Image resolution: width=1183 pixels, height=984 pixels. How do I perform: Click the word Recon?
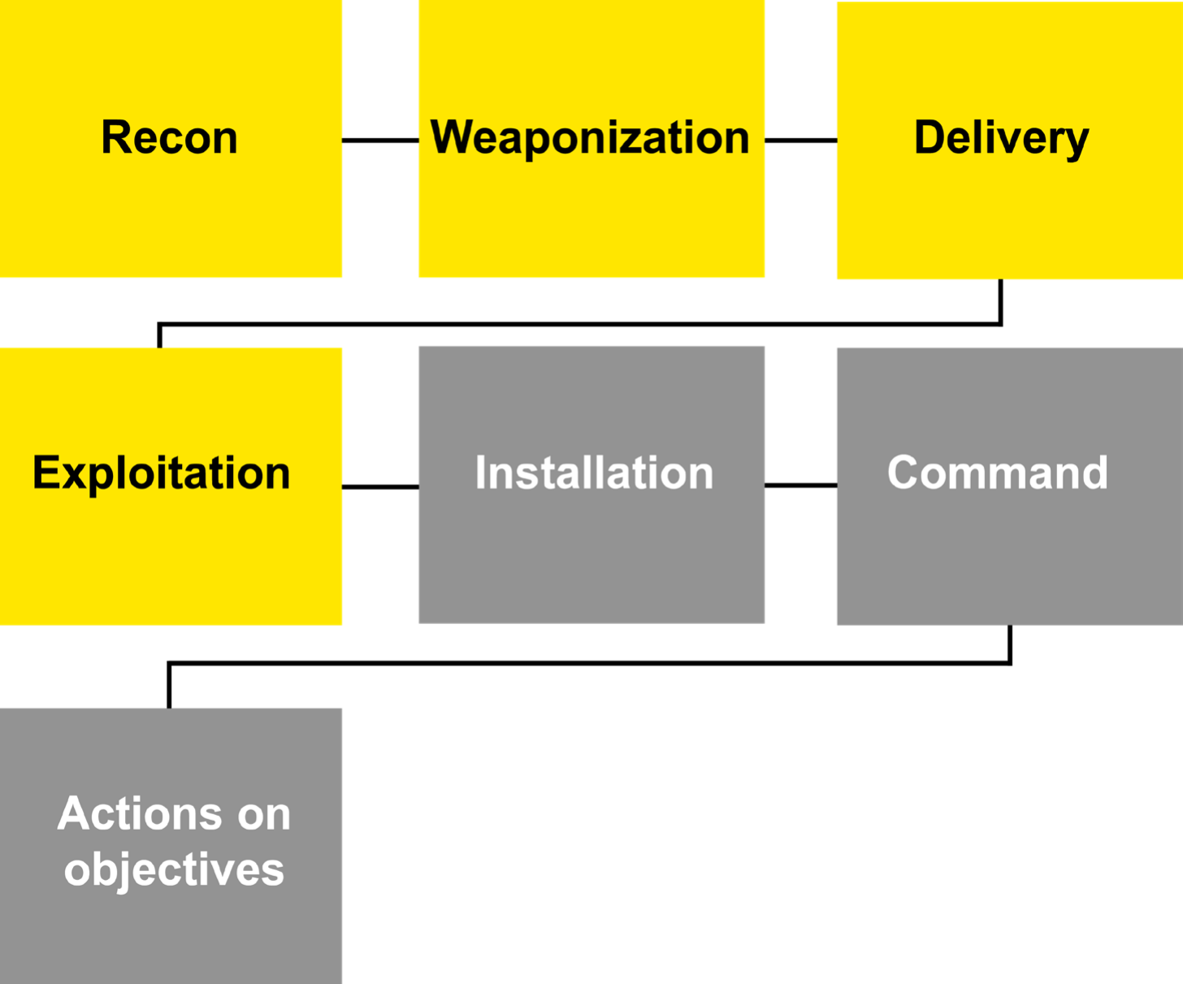click(169, 137)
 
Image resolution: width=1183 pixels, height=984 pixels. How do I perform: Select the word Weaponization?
click(590, 137)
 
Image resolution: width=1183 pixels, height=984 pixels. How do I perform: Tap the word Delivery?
click(1001, 137)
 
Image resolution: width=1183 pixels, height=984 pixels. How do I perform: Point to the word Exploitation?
click(161, 473)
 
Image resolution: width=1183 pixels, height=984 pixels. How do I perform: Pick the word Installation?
click(594, 473)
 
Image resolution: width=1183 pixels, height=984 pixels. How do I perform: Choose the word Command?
click(998, 473)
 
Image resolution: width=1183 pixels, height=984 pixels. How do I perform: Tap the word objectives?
click(174, 869)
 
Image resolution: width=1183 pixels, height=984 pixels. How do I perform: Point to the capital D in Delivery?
click(930, 137)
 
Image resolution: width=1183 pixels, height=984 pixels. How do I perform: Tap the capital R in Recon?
click(116, 137)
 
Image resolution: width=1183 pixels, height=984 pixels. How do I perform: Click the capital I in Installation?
click(480, 473)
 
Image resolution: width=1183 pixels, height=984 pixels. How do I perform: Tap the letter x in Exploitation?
click(71, 475)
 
